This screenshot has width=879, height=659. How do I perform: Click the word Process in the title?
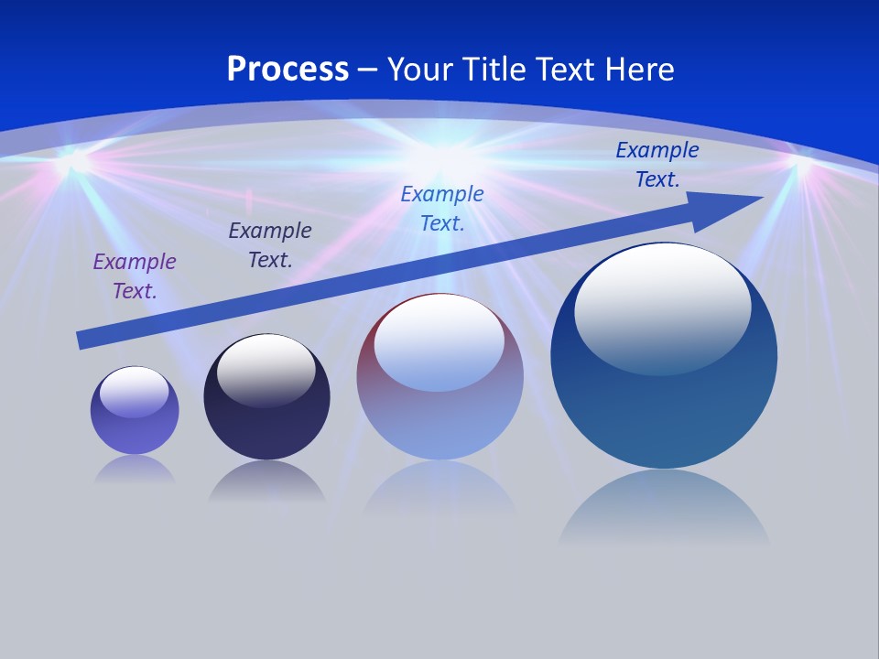[x=288, y=70]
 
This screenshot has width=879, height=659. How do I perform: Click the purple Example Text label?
[x=135, y=276]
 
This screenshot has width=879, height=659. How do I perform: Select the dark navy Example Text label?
[x=270, y=245]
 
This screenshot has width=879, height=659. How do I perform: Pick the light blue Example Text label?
[x=442, y=209]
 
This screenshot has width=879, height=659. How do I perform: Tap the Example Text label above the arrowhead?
[x=657, y=165]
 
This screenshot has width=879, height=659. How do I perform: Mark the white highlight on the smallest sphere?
[x=134, y=391]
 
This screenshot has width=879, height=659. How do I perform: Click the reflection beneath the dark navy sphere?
[x=266, y=481]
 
